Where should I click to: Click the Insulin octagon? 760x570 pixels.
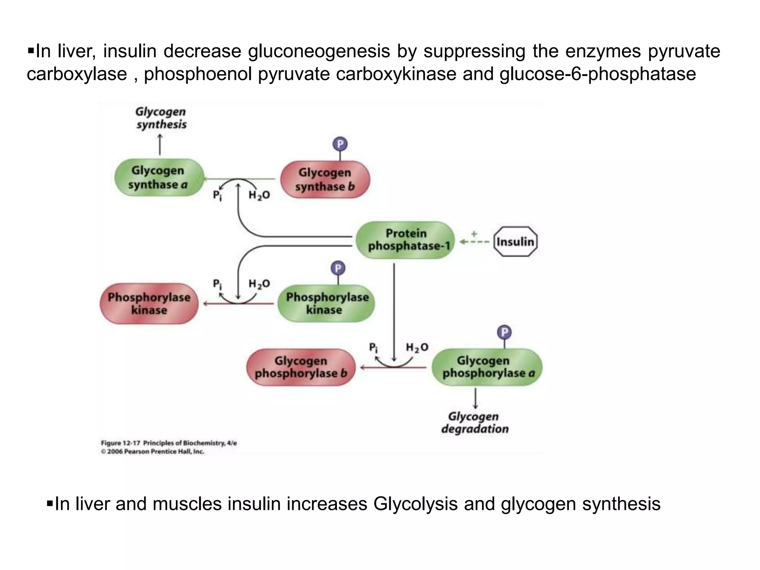pyautogui.click(x=515, y=242)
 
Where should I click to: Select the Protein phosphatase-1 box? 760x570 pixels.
pyautogui.click(x=406, y=240)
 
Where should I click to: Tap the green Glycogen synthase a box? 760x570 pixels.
pyautogui.click(x=159, y=177)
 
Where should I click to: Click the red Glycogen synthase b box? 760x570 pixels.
pyautogui.click(x=325, y=179)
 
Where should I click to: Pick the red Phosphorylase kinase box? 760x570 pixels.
pyautogui.click(x=149, y=304)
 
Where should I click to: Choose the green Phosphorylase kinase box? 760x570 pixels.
pyautogui.click(x=326, y=303)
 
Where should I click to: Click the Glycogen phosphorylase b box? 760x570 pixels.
pyautogui.click(x=301, y=367)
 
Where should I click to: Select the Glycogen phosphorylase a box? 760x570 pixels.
pyautogui.click(x=487, y=367)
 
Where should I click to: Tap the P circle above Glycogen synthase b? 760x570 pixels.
pyautogui.click(x=340, y=144)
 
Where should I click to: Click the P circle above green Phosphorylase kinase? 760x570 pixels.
pyautogui.click(x=338, y=268)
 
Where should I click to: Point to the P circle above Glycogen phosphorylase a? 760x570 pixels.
pyautogui.click(x=504, y=332)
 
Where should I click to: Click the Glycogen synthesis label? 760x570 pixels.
pyautogui.click(x=161, y=118)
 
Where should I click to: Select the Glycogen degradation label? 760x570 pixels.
pyautogui.click(x=475, y=423)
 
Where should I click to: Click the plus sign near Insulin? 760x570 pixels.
pyautogui.click(x=474, y=234)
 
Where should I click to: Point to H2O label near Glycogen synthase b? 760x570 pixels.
pyautogui.click(x=259, y=195)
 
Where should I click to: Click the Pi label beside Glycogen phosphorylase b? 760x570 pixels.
pyautogui.click(x=373, y=348)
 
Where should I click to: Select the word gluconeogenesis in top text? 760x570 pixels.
pyautogui.click(x=319, y=51)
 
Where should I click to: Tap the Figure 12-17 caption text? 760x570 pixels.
pyautogui.click(x=169, y=443)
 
